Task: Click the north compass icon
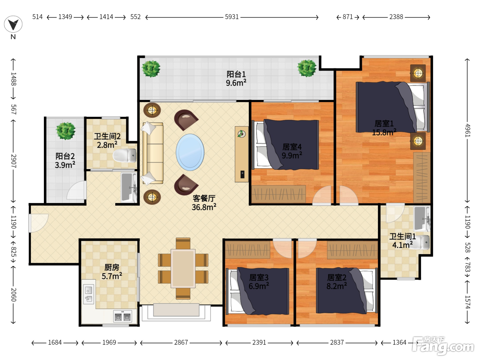pos(13,24)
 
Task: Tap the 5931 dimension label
pos(232,17)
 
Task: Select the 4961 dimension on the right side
pos(467,131)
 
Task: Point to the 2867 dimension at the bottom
pos(181,343)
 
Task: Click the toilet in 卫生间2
pos(125,155)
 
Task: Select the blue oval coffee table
pos(190,152)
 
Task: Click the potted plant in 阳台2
pos(65,131)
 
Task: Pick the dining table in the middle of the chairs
pos(183,268)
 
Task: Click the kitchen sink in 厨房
pos(88,294)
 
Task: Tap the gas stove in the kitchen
pos(122,316)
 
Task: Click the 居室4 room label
pos(292,147)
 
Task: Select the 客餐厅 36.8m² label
pos(204,203)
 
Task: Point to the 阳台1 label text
pos(236,74)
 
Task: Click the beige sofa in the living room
pos(153,153)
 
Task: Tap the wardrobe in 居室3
pos(248,250)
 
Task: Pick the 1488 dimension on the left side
pos(13,79)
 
